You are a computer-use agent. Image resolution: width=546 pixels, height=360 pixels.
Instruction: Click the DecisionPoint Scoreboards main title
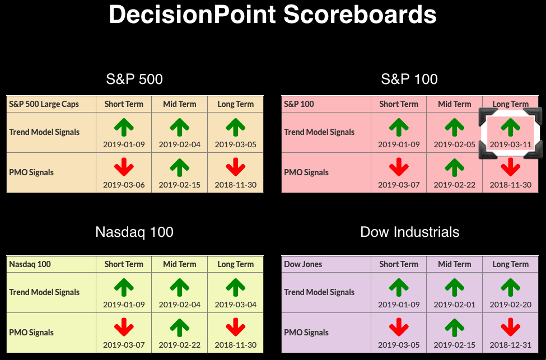(273, 15)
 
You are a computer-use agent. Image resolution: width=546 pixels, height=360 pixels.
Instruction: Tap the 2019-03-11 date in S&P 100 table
(511, 144)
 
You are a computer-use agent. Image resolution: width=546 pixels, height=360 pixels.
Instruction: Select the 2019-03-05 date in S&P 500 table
(235, 144)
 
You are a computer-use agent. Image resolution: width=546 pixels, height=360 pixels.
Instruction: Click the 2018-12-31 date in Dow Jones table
(511, 345)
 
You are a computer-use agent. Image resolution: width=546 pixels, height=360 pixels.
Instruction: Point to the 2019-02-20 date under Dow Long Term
(511, 305)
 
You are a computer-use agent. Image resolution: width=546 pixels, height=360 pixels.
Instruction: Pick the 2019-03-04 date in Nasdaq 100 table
(235, 305)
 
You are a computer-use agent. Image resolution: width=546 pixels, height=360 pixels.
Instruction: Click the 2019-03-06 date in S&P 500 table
(124, 185)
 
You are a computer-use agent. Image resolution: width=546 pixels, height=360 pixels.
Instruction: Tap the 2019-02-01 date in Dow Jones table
(454, 305)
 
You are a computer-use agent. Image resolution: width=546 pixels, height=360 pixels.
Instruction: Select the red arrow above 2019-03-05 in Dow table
(399, 328)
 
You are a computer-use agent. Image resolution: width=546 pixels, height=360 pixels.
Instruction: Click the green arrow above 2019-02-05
(454, 127)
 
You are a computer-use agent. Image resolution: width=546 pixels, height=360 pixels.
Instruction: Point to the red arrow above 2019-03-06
(124, 167)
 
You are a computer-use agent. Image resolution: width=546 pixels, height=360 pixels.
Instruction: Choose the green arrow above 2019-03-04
(235, 288)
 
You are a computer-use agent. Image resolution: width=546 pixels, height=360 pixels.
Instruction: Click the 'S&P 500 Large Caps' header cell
(44, 104)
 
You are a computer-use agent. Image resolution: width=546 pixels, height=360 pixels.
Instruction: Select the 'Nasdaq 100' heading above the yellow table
(134, 232)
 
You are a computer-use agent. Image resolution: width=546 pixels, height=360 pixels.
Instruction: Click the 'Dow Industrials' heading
(410, 232)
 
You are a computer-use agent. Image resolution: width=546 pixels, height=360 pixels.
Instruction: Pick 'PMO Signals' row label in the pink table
(306, 172)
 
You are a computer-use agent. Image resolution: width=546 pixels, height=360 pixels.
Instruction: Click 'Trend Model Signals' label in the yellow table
(44, 292)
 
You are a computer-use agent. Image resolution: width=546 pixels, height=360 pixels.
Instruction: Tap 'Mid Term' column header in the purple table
(454, 264)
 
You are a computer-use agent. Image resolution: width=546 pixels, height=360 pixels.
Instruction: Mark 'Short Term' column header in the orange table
(124, 104)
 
